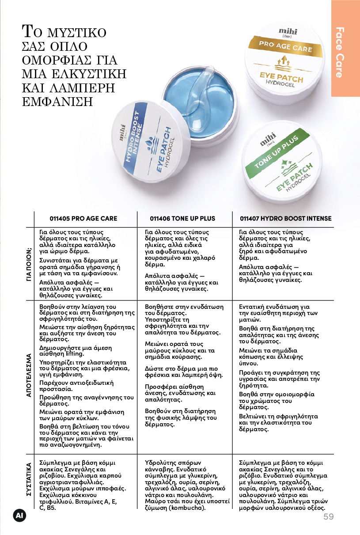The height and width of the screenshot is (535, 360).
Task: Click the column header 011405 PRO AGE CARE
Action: (83, 218)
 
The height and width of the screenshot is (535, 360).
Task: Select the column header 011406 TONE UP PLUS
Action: (182, 218)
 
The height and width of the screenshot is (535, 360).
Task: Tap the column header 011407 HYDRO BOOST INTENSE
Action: (286, 218)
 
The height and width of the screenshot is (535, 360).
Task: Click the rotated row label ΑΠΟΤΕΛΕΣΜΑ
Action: (29, 375)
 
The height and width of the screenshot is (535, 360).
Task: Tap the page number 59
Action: (329, 516)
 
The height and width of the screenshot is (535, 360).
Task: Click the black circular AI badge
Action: (19, 516)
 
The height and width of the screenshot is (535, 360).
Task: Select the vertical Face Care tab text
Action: (340, 53)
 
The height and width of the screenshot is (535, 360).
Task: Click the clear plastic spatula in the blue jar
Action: (201, 95)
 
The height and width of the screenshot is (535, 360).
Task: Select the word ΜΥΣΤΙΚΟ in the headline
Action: (76, 33)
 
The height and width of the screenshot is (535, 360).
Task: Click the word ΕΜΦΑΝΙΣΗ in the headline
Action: (57, 102)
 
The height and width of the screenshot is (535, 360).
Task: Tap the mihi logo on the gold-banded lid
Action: (288, 32)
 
